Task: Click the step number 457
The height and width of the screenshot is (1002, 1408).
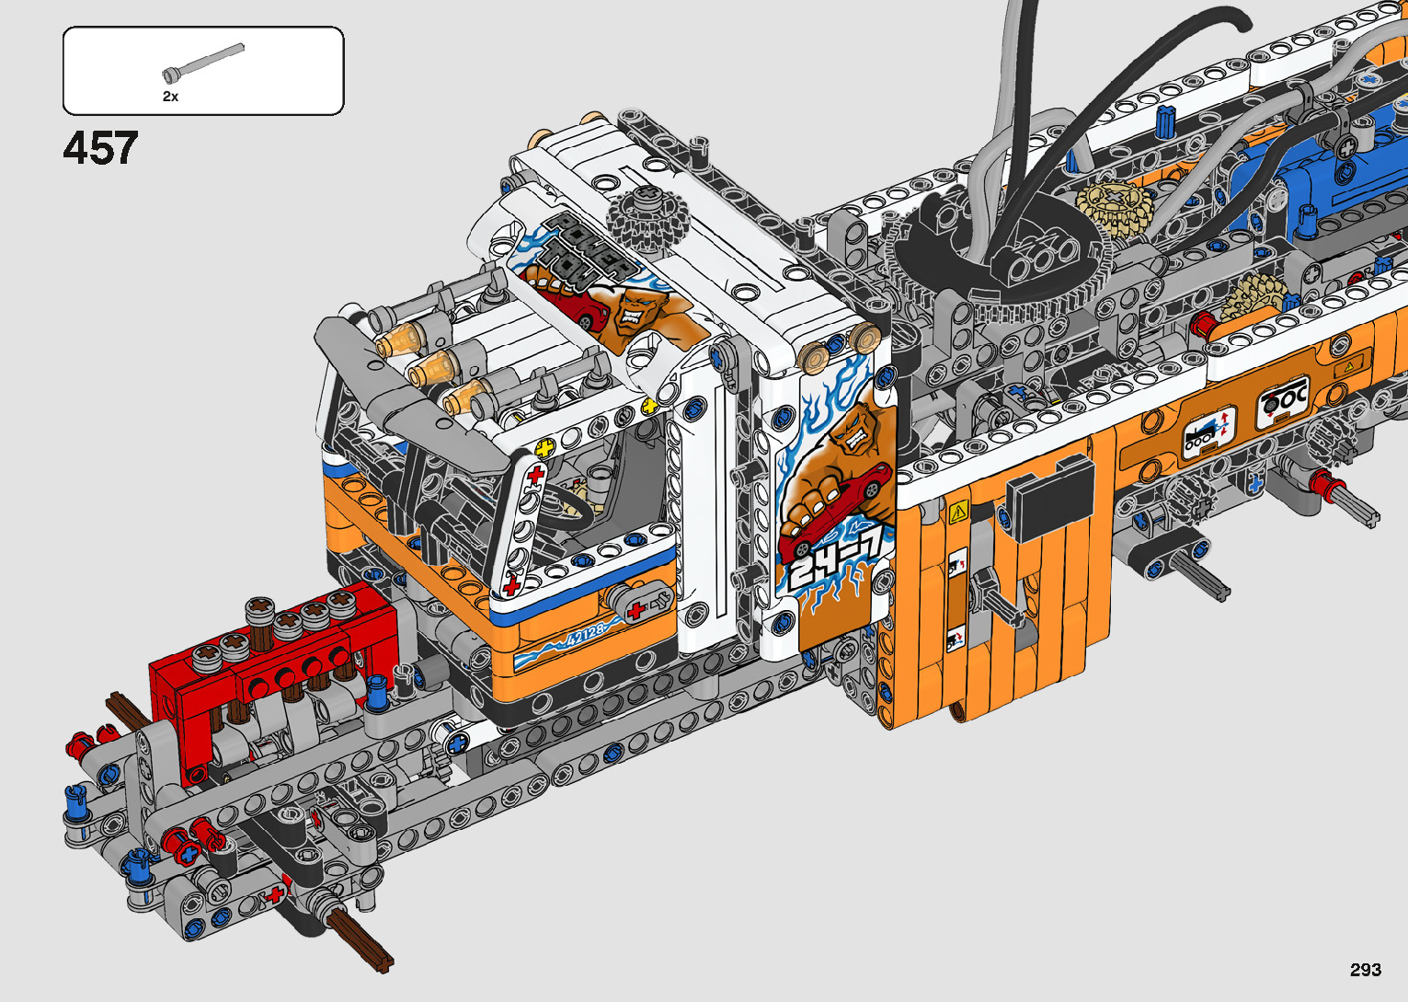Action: point(100,148)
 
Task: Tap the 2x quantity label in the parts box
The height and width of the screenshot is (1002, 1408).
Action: point(170,97)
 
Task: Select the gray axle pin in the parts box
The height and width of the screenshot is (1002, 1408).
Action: point(202,63)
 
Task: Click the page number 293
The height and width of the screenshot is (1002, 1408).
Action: point(1366,969)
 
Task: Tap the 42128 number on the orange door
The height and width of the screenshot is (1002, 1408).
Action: point(585,638)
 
